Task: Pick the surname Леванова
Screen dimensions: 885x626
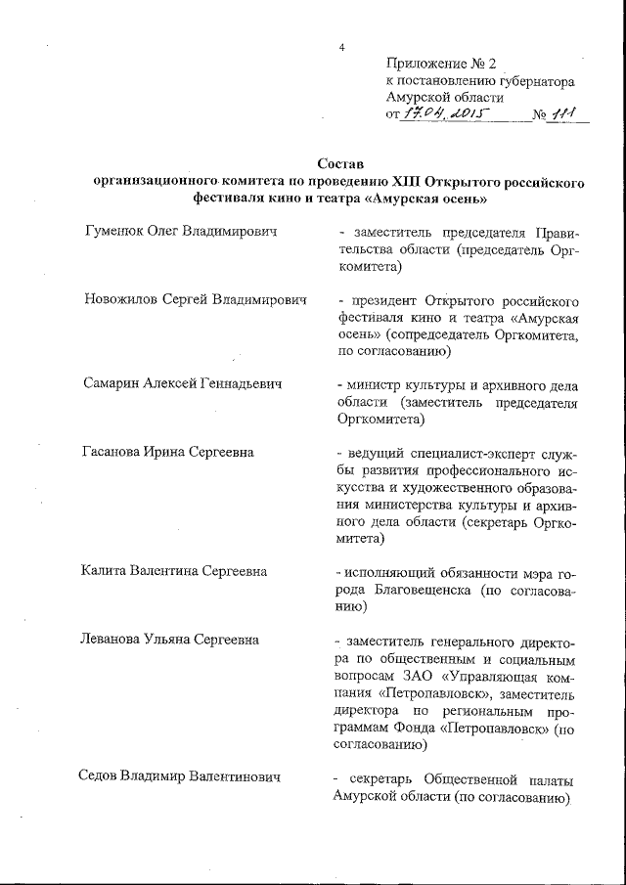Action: coord(112,640)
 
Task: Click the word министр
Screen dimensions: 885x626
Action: coord(373,384)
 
